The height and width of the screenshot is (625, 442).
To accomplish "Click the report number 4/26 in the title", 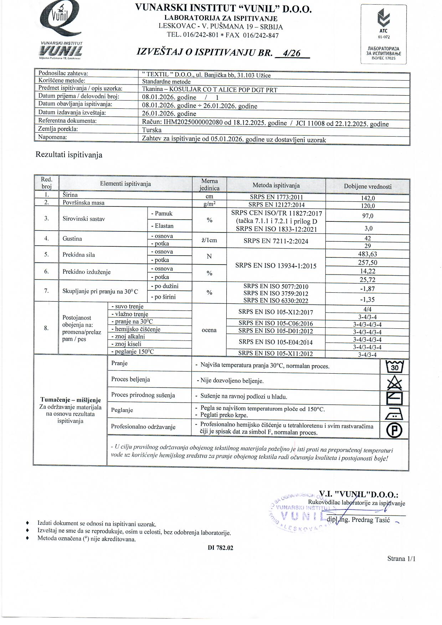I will [x=291, y=53].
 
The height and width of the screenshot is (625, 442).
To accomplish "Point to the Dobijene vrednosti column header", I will [x=368, y=186].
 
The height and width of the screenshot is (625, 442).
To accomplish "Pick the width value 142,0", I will [x=368, y=198].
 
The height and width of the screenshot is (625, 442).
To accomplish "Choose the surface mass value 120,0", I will [x=368, y=206].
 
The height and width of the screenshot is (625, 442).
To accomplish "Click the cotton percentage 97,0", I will [x=368, y=216].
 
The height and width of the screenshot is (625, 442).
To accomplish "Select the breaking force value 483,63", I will [x=368, y=254].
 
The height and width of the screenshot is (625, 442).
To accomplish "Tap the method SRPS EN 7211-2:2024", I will [x=276, y=241].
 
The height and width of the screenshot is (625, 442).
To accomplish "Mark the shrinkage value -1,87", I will [x=368, y=289].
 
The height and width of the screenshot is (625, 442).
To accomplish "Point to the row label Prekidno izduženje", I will [x=87, y=272].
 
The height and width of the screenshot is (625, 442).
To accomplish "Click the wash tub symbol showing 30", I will [x=394, y=367].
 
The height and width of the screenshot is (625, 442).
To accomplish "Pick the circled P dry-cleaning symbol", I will [x=394, y=430].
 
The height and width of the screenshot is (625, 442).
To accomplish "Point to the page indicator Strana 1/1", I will [x=401, y=559].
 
